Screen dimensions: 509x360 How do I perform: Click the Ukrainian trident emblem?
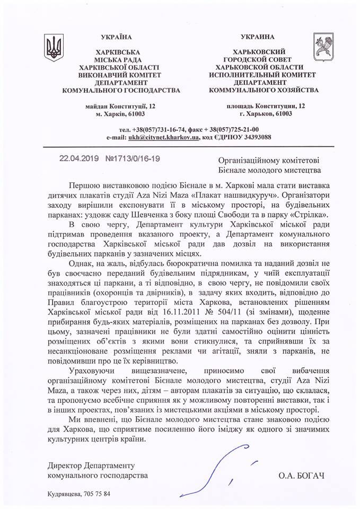pyautogui.click(x=54, y=48)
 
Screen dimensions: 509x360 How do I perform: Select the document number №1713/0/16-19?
pyautogui.click(x=130, y=158)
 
